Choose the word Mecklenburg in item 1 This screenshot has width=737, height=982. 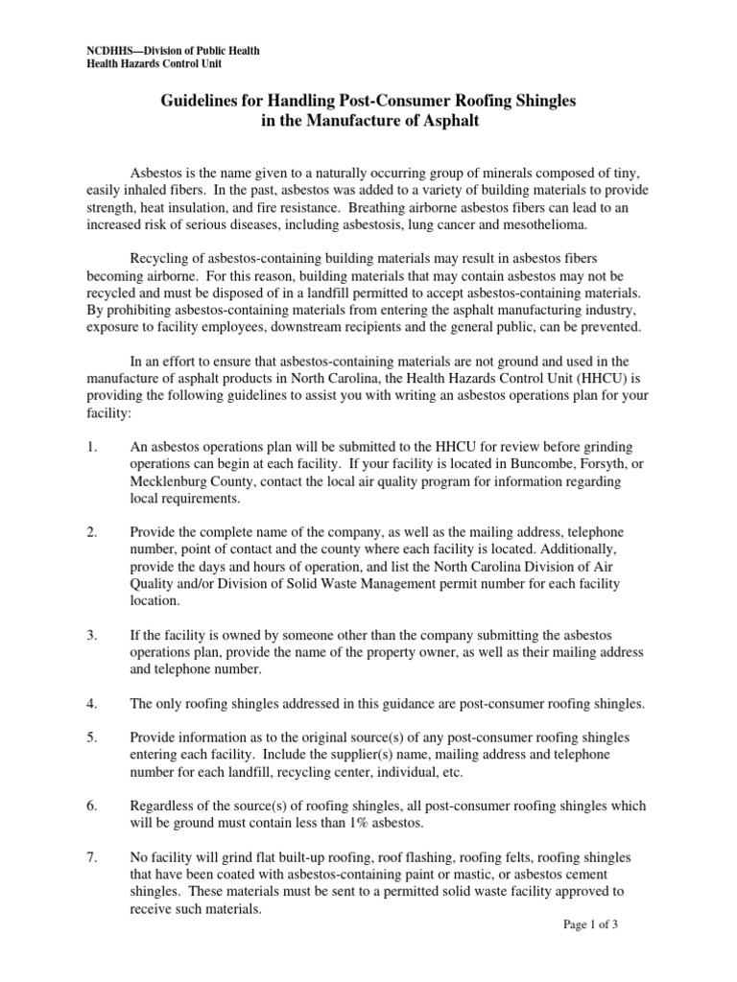[170, 482]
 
